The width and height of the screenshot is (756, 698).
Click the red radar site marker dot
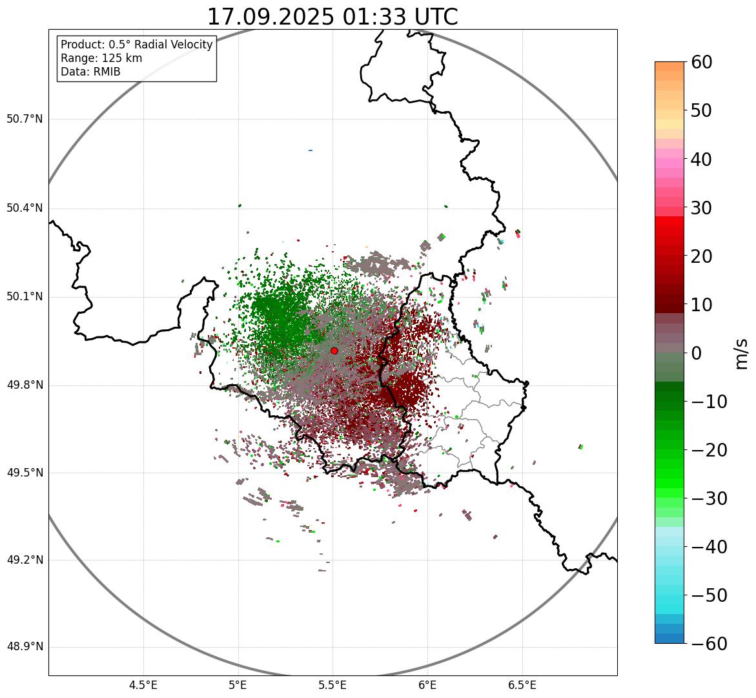334,351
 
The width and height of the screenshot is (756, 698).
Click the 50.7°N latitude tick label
25,119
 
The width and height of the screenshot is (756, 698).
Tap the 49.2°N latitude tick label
25,560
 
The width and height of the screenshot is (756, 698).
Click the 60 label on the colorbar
702,62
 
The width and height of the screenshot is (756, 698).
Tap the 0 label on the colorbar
697,353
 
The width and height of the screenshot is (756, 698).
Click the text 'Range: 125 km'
101,58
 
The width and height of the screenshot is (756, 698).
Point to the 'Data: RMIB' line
90,72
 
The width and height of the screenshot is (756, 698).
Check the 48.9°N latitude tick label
25,647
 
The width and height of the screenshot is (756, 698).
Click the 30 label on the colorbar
702,208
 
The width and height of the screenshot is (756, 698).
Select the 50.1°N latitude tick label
25,297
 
